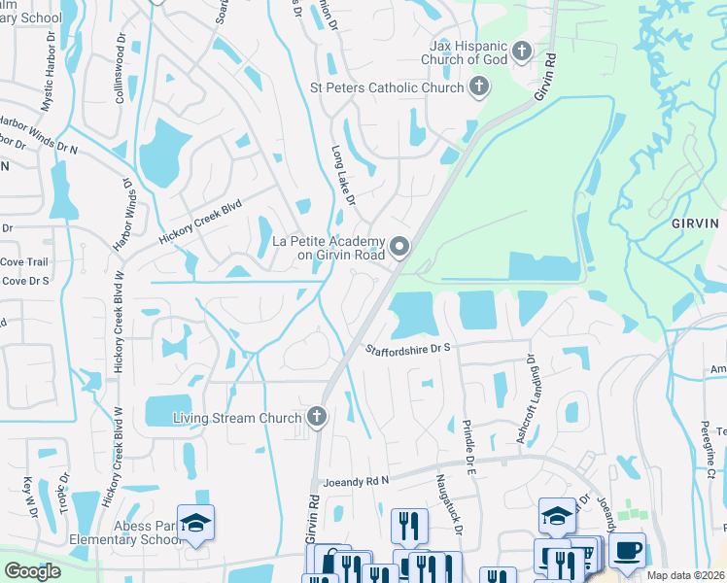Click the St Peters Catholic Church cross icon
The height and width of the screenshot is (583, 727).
click(478, 88)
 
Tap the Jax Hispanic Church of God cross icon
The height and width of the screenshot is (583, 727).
click(523, 51)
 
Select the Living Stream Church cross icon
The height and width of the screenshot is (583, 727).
click(316, 418)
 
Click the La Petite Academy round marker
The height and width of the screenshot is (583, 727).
click(399, 248)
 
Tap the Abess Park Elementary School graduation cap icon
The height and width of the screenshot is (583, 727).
click(195, 523)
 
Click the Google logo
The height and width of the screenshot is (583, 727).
click(32, 572)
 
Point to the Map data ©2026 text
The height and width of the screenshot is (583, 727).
click(684, 575)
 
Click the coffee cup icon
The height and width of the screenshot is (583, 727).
click(627, 551)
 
